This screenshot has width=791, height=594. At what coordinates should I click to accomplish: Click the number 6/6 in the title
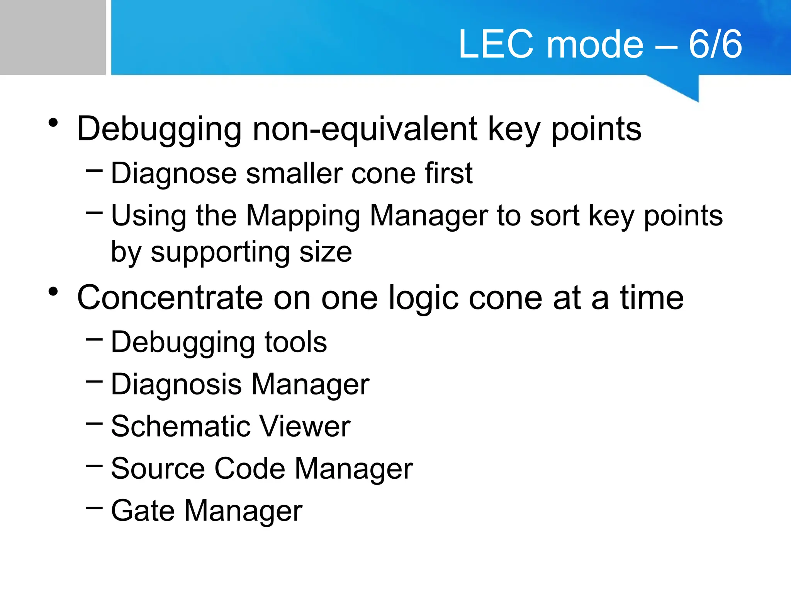715,44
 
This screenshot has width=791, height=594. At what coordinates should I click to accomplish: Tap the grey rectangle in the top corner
53,37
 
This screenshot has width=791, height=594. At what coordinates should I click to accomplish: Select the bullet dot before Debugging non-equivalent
53,123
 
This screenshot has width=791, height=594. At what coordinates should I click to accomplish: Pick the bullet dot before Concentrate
53,292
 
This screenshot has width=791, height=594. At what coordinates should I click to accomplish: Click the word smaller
294,173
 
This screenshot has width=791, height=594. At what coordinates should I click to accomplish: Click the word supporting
220,252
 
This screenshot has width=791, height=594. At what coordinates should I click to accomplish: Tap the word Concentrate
170,298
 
